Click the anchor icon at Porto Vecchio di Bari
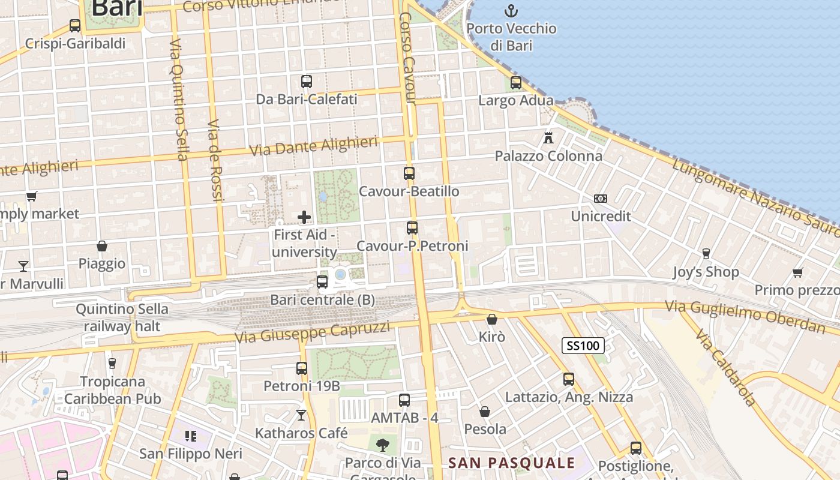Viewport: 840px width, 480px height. [x=511, y=11]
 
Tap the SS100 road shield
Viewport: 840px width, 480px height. [x=583, y=345]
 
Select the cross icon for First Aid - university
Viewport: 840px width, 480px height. [x=304, y=217]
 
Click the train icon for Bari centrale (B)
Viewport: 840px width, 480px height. [x=322, y=281]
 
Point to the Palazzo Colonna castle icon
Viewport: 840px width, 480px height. [x=548, y=137]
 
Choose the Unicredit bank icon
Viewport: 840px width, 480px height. [x=600, y=198]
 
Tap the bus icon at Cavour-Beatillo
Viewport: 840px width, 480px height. [x=409, y=173]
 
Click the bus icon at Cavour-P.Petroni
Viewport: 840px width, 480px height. [x=412, y=228]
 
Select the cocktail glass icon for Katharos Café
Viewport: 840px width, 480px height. [x=301, y=415]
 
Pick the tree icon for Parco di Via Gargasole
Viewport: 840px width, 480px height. [x=382, y=445]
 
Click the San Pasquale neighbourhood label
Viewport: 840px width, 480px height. [x=512, y=463]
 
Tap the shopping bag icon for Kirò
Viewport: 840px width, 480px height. [x=492, y=319]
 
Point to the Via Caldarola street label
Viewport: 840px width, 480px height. [x=724, y=367]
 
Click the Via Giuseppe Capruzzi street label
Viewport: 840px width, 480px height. [x=312, y=332]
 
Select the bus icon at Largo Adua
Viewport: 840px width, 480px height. [x=516, y=83]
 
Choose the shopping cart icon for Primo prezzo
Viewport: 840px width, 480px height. [x=797, y=273]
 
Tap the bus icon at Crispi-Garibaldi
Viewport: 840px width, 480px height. [x=75, y=26]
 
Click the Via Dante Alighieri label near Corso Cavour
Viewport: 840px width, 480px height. [x=313, y=146]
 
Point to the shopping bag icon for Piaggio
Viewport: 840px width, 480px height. [x=102, y=246]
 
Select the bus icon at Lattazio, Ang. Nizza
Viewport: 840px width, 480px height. [x=569, y=379]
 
